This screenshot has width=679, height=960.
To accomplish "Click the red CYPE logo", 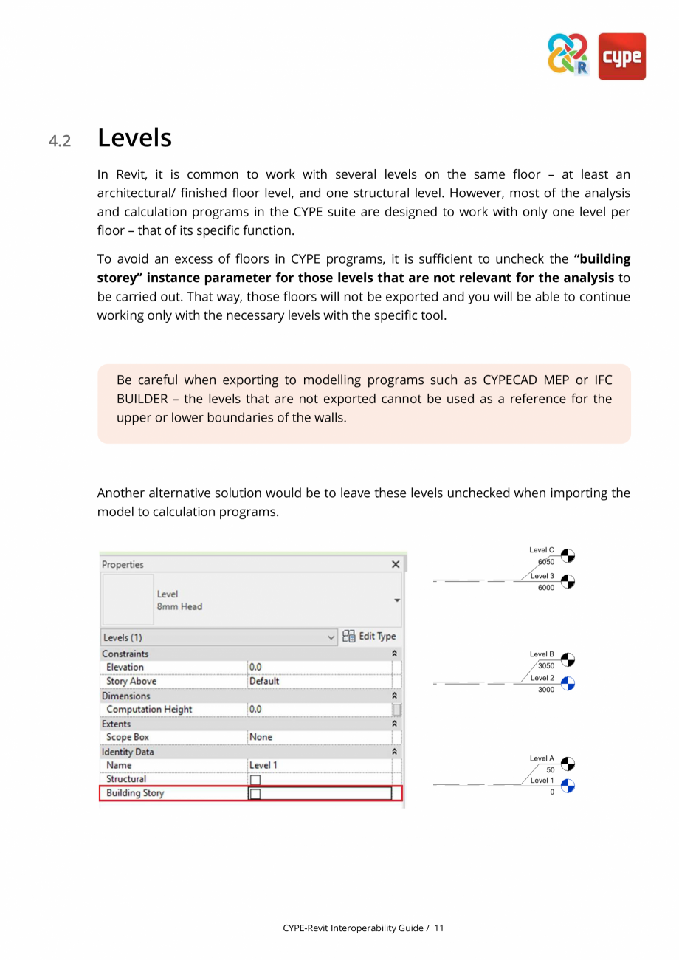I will pyautogui.click(x=621, y=56).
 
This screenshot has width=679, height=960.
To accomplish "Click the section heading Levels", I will pyautogui.click(x=134, y=138).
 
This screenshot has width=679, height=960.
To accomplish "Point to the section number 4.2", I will pyautogui.click(x=61, y=140).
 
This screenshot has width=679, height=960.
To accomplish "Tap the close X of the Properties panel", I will pyautogui.click(x=396, y=564).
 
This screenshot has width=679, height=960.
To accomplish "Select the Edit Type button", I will pyautogui.click(x=369, y=637).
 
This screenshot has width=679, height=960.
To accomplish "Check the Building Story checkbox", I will pyautogui.click(x=255, y=794).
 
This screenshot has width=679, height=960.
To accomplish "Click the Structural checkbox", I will pyautogui.click(x=255, y=780).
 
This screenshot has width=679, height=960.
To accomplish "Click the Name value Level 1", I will pyautogui.click(x=263, y=766).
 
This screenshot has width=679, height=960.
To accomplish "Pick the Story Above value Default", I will pyautogui.click(x=264, y=682).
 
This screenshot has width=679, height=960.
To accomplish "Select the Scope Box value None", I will pyautogui.click(x=261, y=738).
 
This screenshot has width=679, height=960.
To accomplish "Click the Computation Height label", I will pyautogui.click(x=149, y=710).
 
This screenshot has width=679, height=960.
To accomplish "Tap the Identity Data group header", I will pyautogui.click(x=128, y=752).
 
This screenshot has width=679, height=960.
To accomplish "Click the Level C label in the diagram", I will pyautogui.click(x=541, y=550).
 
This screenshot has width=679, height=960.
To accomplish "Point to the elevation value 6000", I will pyautogui.click(x=545, y=588).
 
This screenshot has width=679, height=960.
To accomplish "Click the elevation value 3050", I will pyautogui.click(x=545, y=666).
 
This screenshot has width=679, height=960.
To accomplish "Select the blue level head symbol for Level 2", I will pyautogui.click(x=568, y=684).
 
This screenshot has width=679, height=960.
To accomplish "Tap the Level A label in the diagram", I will pyautogui.click(x=541, y=758).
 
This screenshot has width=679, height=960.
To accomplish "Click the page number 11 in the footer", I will pyautogui.click(x=439, y=928).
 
